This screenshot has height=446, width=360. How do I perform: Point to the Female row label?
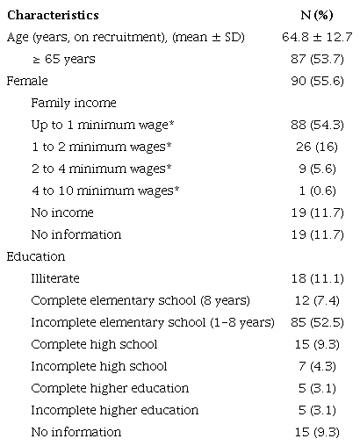tap(25, 81)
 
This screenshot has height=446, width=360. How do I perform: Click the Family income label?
tap(75, 103)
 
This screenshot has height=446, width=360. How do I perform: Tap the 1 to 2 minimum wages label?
tap(96, 147)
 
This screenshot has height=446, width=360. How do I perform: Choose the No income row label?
tap(62, 212)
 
